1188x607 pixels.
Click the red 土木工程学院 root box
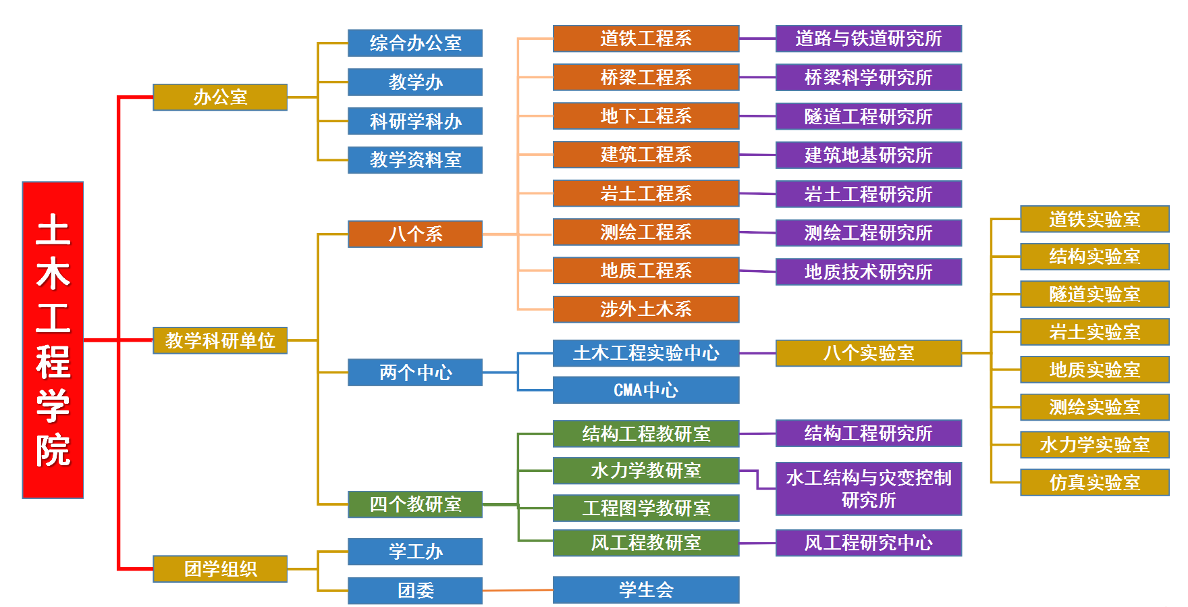click(53, 340)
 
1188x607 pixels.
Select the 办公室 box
click(220, 97)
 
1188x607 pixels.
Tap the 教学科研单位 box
click(220, 340)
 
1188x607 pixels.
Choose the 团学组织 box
click(220, 569)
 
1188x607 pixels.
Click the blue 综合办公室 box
click(414, 43)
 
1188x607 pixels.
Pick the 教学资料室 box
click(414, 160)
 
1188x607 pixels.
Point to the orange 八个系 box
click(414, 234)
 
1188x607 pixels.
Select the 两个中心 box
click(414, 372)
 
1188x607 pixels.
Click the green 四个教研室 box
click(414, 504)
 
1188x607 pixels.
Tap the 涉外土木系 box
click(645, 309)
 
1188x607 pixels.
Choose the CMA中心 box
click(645, 390)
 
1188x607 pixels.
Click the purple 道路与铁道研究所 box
click(868, 38)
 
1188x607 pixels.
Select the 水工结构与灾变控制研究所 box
click(868, 489)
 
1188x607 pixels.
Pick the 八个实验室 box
click(868, 353)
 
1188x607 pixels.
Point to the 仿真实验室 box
click(1094, 482)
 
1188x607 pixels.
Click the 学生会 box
click(645, 589)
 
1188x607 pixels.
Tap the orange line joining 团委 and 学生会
click(517, 590)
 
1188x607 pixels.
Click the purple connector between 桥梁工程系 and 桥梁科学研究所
click(757, 78)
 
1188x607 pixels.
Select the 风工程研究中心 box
click(868, 543)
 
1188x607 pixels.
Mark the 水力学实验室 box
click(1094, 445)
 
